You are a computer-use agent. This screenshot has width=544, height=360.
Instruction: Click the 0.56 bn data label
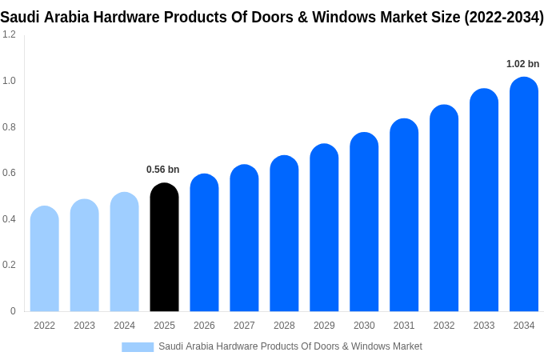click(x=162, y=170)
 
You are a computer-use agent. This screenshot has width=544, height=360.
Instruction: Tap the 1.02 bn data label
click(x=522, y=64)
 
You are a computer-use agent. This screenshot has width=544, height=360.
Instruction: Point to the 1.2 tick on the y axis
click(x=9, y=34)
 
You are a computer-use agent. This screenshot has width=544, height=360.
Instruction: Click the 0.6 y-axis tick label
click(x=9, y=173)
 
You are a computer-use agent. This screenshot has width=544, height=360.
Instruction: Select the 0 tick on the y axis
click(x=13, y=311)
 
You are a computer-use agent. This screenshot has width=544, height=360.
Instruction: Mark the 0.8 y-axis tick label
click(x=9, y=126)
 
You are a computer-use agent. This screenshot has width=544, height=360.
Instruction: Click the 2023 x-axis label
click(x=84, y=326)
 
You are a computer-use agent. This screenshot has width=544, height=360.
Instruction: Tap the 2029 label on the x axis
click(x=324, y=326)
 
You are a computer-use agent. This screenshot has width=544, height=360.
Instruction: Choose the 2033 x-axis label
click(x=484, y=326)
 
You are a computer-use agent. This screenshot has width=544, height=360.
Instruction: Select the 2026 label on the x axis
click(x=204, y=326)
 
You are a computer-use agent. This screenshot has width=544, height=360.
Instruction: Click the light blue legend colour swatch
click(x=138, y=346)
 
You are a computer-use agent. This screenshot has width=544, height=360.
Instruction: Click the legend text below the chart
click(x=290, y=346)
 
